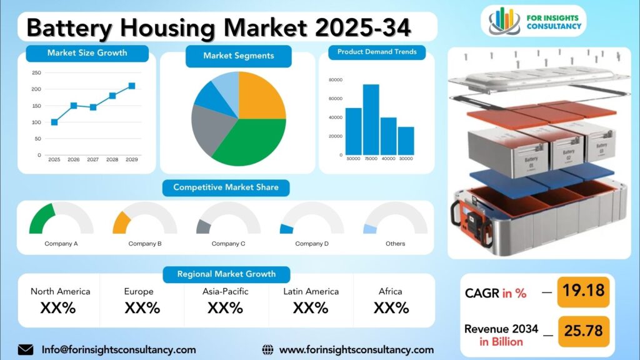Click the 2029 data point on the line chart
[x=132, y=86]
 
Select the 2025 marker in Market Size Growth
[x=54, y=122]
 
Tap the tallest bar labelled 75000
[x=371, y=119]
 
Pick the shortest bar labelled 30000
[x=406, y=141]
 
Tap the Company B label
[x=145, y=244]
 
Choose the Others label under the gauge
[x=395, y=244]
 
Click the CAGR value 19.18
[x=582, y=292]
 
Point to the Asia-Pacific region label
[x=226, y=291]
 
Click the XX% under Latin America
[x=311, y=307]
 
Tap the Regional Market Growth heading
[x=226, y=274]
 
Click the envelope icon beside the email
[x=26, y=349]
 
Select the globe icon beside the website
[x=268, y=349]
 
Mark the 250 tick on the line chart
[x=37, y=72]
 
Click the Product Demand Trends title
[x=377, y=52]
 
